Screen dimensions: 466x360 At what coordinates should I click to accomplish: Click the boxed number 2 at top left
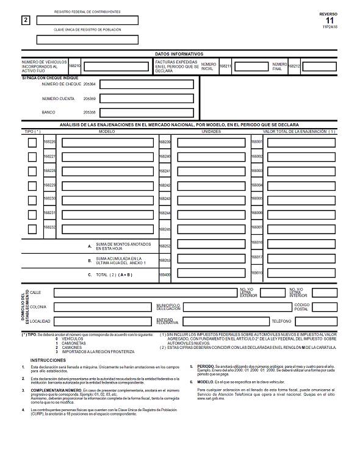25,20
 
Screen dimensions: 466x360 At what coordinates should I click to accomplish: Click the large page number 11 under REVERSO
330,20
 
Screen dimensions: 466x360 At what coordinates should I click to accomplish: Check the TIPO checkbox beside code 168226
32,143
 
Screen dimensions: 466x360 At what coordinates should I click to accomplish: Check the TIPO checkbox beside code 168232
32,229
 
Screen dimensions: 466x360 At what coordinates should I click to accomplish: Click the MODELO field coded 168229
107,185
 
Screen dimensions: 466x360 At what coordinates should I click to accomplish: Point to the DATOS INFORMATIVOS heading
179,54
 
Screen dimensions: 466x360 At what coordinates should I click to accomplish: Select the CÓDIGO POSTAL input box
324,307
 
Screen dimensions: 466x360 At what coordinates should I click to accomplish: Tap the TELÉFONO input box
325,321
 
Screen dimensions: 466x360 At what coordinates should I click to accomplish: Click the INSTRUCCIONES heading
48,360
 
